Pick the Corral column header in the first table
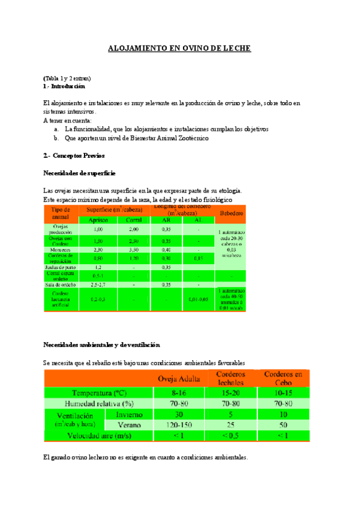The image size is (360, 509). [134, 220]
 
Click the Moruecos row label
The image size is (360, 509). [61, 249]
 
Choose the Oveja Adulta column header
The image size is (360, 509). [179, 379]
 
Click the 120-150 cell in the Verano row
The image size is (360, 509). [179, 424]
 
